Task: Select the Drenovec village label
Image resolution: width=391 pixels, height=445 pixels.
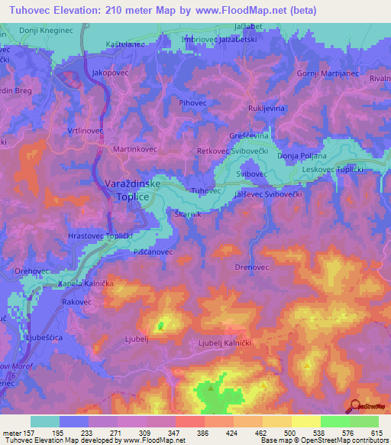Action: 249,268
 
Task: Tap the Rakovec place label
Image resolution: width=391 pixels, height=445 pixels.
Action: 78,302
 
